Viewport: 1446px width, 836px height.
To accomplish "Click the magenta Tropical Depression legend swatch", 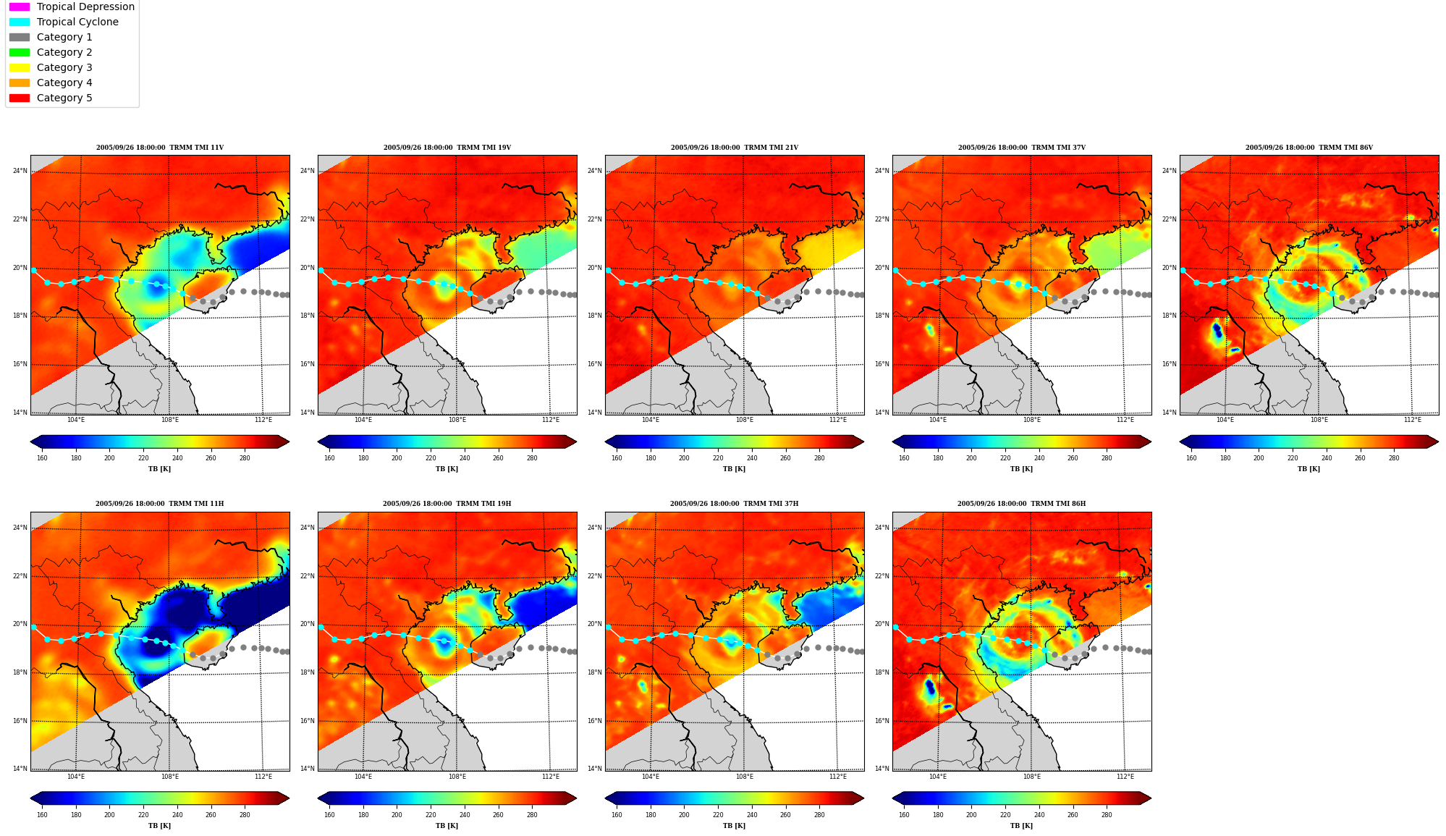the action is tap(20, 7).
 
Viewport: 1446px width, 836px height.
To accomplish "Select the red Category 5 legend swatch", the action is tap(20, 98).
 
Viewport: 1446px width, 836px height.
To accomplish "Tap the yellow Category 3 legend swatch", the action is tap(20, 67).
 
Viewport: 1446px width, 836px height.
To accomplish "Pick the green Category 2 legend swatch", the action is tap(20, 52).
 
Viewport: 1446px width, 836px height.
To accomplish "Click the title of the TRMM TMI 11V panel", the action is tap(160, 148).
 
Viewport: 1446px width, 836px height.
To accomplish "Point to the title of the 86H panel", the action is tap(1021, 504).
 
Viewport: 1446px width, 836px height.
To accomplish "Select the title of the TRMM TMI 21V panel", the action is tap(734, 148).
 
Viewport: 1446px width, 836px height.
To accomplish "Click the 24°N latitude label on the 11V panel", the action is tap(20, 172).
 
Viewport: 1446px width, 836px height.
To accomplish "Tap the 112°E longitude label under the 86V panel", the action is tap(1412, 420).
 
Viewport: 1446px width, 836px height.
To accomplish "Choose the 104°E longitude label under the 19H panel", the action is tap(363, 777).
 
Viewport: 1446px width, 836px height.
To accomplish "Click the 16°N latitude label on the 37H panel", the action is tap(595, 721).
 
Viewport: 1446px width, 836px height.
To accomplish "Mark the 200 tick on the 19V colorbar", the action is tap(397, 458).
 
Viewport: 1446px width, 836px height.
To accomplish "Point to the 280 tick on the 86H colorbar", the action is tap(1107, 815).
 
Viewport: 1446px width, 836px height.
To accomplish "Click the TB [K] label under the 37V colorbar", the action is tap(1021, 469).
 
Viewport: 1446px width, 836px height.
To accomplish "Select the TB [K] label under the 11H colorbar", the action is tap(160, 826).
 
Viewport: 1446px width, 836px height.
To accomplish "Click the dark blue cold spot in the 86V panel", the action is tap(1217, 331).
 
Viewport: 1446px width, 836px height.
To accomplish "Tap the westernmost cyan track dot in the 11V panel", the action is tap(33, 270).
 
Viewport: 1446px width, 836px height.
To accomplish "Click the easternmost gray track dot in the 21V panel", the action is tap(862, 295).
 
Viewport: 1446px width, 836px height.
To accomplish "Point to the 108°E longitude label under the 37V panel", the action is tap(1031, 420).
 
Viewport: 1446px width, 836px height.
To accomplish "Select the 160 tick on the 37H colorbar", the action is tap(617, 815).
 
